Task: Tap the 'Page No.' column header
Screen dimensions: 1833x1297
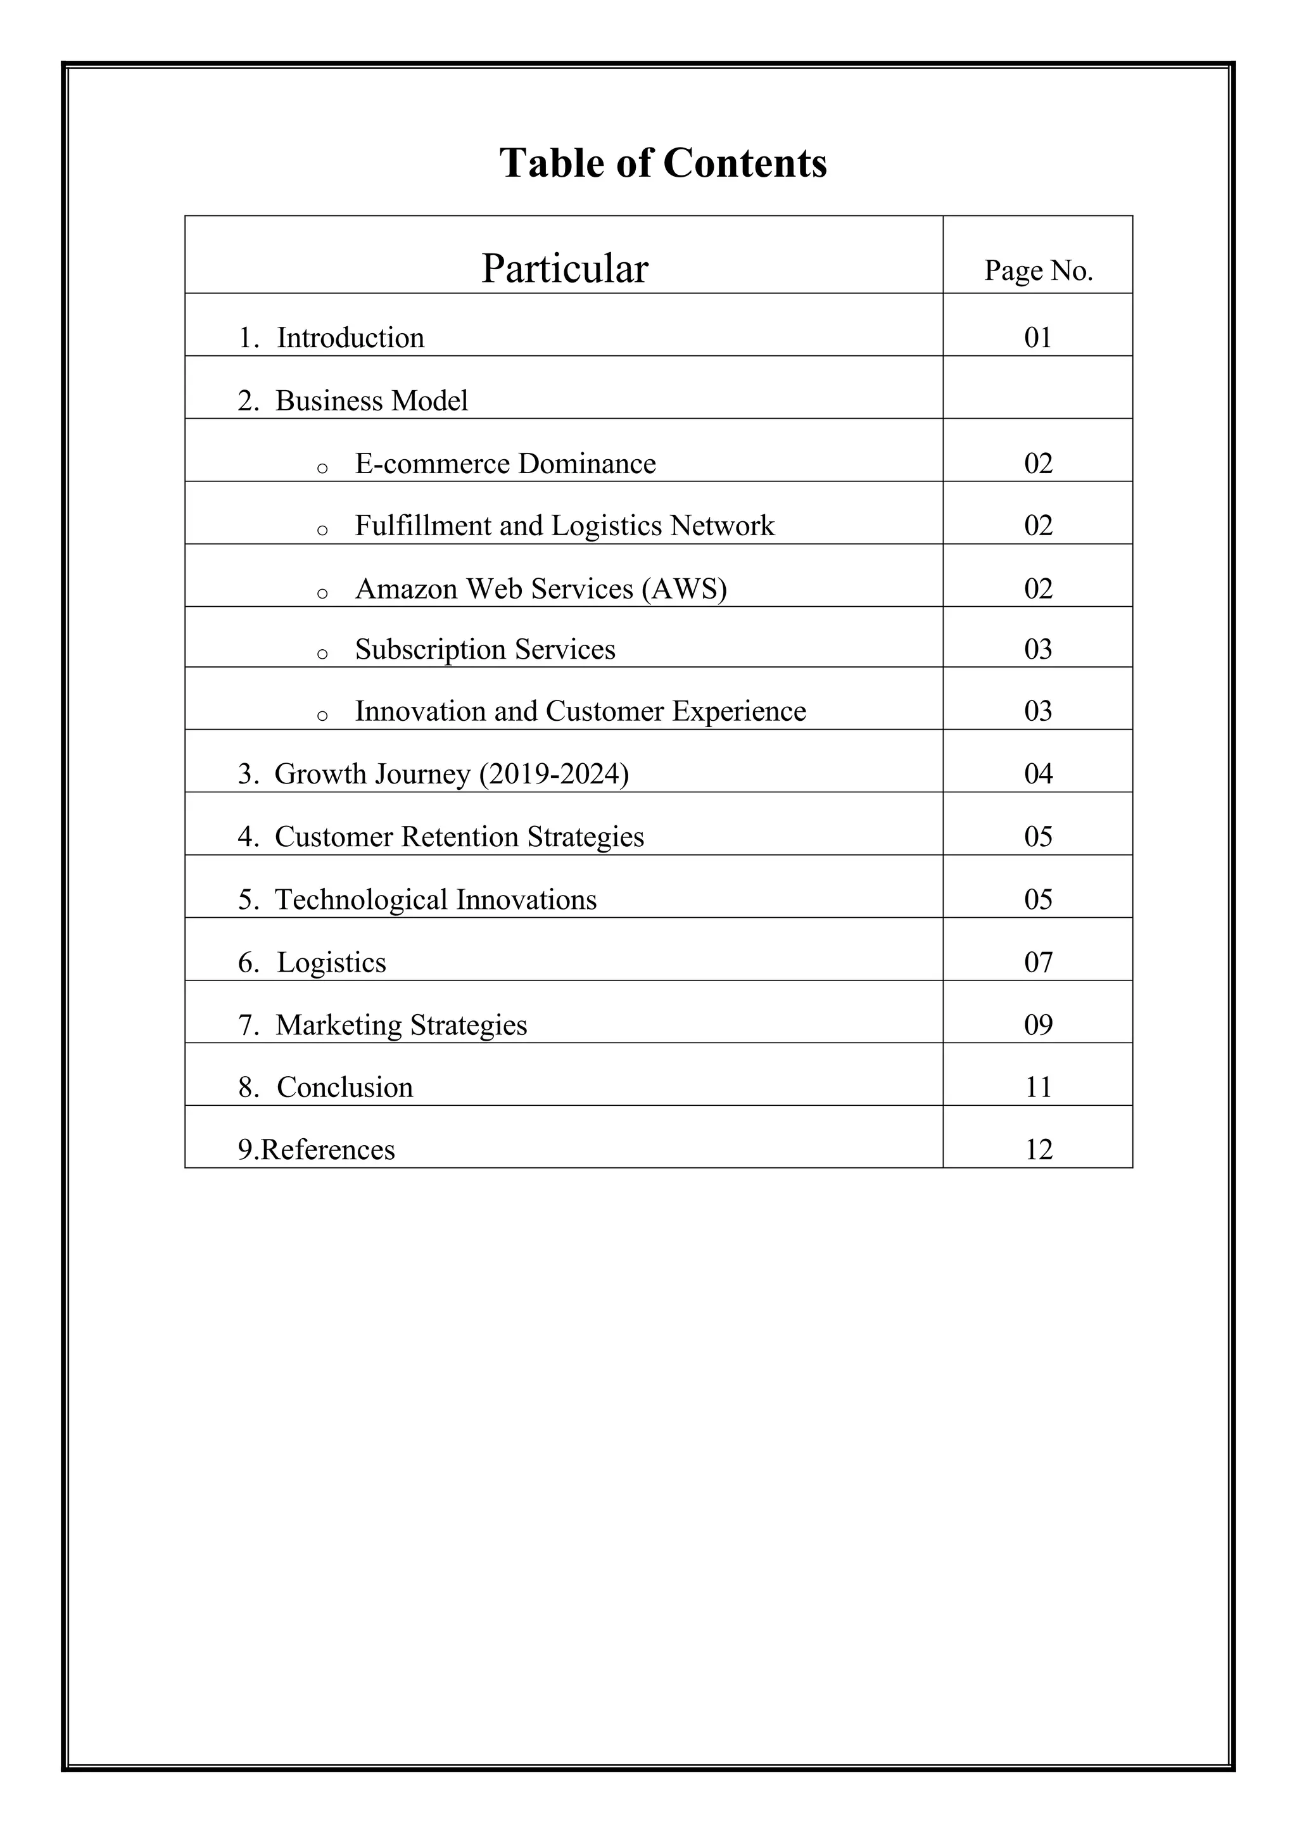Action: coord(1037,270)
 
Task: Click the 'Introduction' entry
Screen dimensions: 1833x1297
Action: coord(350,338)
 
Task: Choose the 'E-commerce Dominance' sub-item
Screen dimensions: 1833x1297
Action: coord(505,463)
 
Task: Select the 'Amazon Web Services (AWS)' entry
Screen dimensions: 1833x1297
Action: coord(541,588)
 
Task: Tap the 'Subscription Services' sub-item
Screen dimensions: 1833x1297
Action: coord(484,649)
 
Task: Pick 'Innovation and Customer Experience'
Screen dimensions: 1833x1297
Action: coord(580,711)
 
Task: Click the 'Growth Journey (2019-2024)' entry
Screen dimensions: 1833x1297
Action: coord(452,774)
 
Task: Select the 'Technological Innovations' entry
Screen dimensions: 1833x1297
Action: coord(435,900)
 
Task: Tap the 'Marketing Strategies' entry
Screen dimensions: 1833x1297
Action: coord(401,1025)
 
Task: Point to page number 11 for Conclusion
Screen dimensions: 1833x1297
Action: coord(1038,1087)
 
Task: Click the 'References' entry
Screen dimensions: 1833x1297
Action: coord(327,1150)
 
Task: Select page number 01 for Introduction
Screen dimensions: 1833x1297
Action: coord(1037,338)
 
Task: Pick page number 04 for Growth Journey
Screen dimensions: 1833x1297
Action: coord(1038,774)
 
